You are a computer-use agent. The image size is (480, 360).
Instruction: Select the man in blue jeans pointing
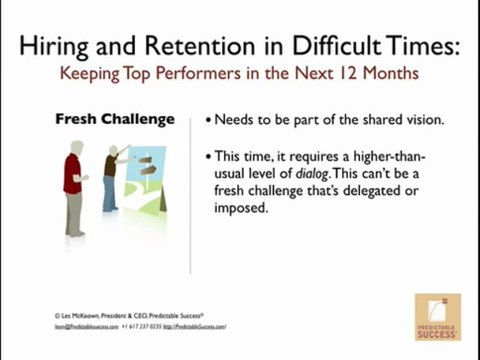pyautogui.click(x=109, y=176)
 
